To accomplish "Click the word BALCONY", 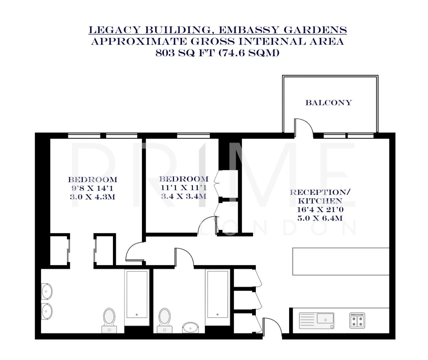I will point(328,103).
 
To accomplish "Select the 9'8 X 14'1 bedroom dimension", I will point(92,188).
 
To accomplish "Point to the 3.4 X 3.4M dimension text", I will point(184,196).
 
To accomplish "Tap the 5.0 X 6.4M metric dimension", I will point(320,219).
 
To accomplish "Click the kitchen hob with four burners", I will point(357,320).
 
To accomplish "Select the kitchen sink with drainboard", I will point(316,320).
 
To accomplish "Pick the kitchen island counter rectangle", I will point(341,261).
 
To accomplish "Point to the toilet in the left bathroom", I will point(109,318).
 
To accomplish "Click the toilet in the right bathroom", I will point(164,318).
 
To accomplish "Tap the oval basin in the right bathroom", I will point(191,327).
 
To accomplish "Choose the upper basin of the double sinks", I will point(46,291).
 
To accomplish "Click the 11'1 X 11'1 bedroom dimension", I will point(184,188).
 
